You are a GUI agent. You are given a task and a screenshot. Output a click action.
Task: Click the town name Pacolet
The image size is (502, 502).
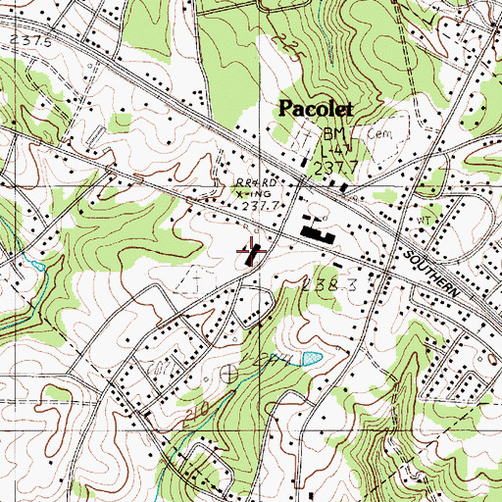click(x=317, y=108)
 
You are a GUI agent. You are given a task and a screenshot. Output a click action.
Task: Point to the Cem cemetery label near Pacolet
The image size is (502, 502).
click(x=377, y=130)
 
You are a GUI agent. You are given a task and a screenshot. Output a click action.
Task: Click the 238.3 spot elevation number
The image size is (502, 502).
click(x=326, y=282)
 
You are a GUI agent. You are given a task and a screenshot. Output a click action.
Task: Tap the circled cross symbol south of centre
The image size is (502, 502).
click(x=230, y=373)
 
